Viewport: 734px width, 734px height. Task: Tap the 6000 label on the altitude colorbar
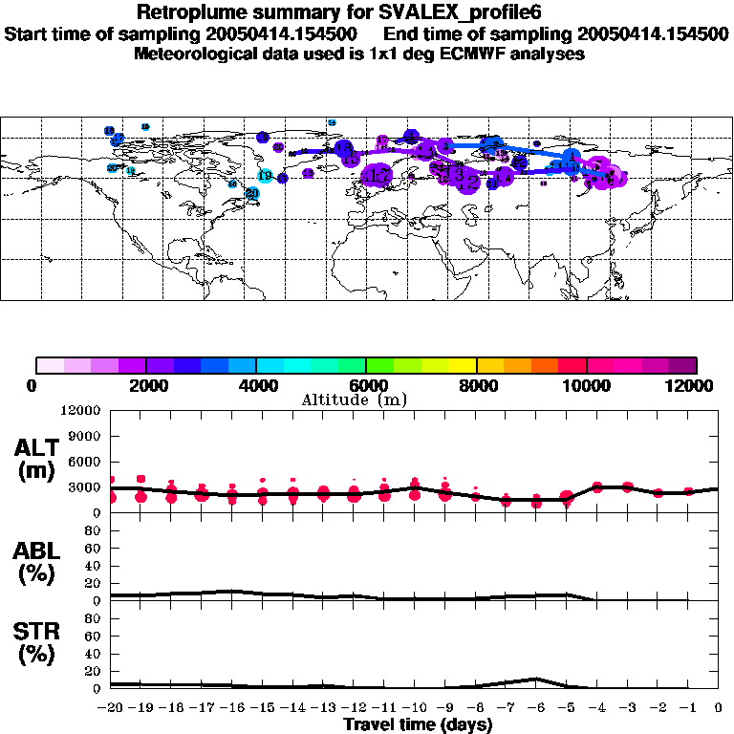point(366,385)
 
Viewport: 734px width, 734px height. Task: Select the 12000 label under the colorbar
point(694,385)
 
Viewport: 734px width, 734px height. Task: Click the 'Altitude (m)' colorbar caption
point(355,399)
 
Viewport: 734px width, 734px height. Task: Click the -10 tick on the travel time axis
point(414,708)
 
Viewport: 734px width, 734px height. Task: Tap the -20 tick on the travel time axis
point(111,708)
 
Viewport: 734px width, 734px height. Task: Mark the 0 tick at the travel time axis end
point(718,708)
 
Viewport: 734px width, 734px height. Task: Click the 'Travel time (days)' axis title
point(418,724)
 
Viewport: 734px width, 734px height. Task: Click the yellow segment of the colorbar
point(463,364)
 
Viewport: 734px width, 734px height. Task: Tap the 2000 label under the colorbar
point(146,385)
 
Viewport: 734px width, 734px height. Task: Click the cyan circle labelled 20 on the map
point(252,193)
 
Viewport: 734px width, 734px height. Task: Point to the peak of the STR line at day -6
point(535,679)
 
